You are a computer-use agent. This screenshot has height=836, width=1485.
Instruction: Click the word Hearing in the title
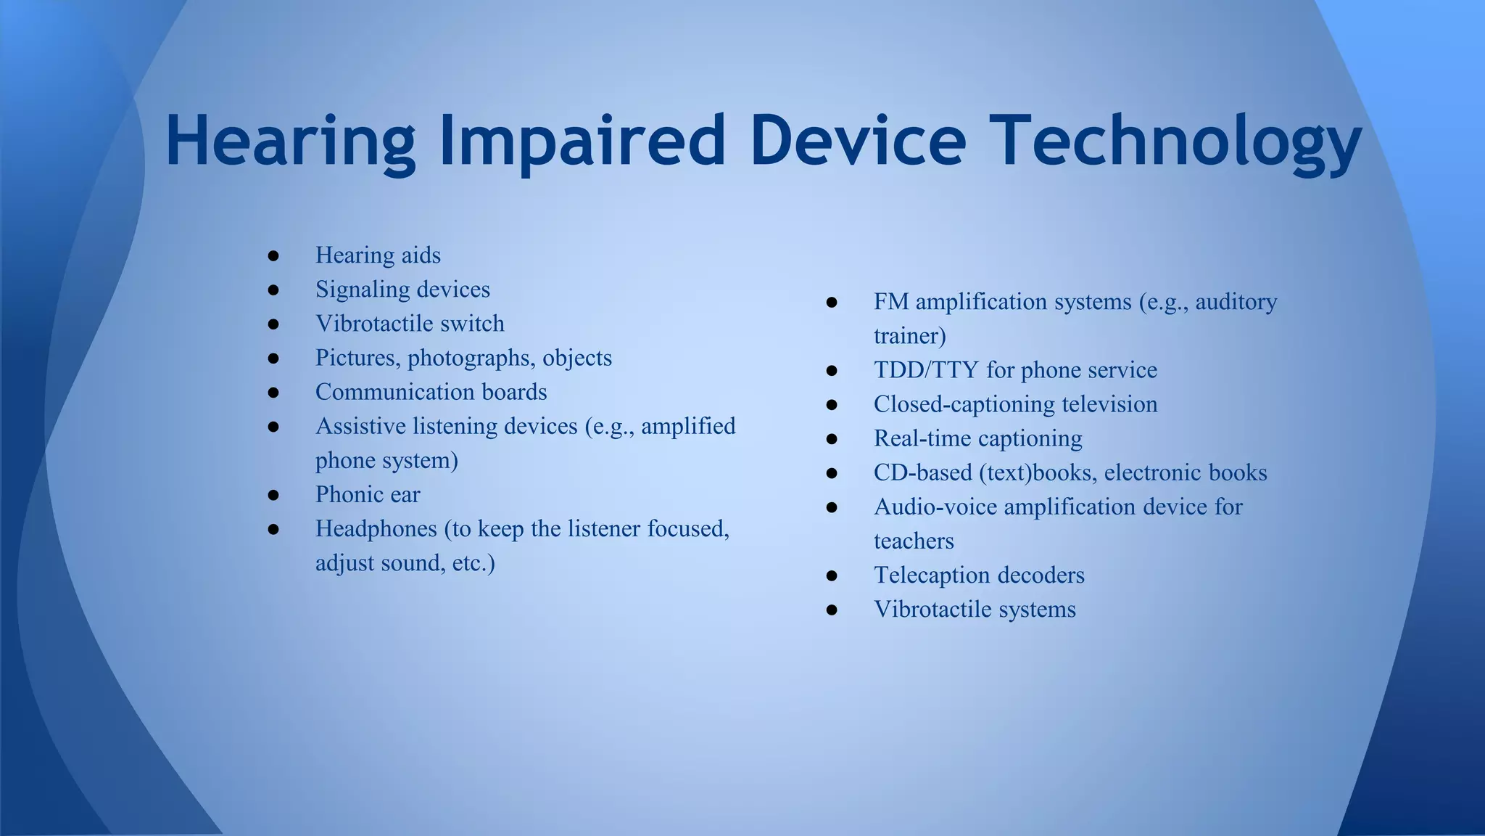pyautogui.click(x=290, y=142)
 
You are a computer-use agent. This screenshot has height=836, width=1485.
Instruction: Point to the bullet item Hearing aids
pyautogui.click(x=378, y=255)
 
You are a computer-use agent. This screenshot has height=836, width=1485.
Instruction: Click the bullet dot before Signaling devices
pyautogui.click(x=273, y=290)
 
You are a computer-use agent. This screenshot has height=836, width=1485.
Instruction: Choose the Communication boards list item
pyautogui.click(x=431, y=392)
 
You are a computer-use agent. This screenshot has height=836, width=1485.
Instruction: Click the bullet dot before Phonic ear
pyautogui.click(x=273, y=495)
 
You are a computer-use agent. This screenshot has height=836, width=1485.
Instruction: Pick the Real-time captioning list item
pyautogui.click(x=977, y=438)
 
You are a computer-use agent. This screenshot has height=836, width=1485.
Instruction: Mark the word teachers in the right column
pyautogui.click(x=914, y=541)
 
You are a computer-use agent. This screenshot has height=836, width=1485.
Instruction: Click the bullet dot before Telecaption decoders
pyautogui.click(x=832, y=575)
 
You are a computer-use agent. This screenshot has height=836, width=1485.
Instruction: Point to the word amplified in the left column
pyautogui.click(x=688, y=426)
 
